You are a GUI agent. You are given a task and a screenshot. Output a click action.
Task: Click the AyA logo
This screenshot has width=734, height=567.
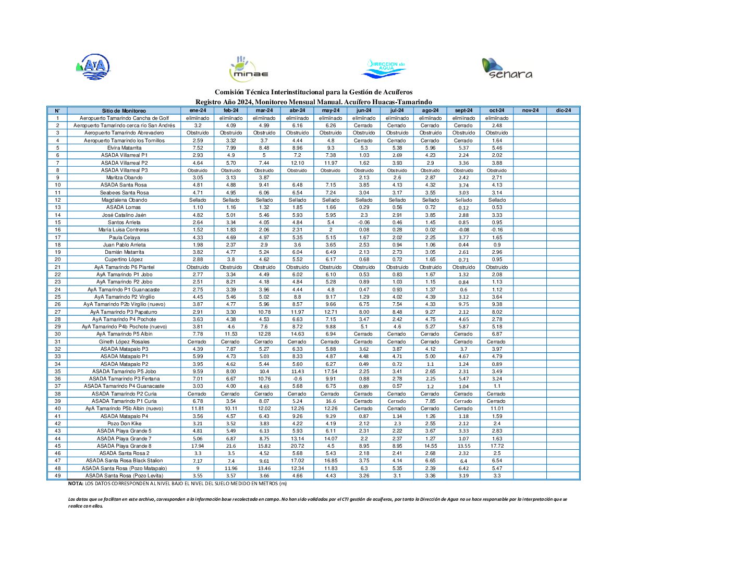(94, 67)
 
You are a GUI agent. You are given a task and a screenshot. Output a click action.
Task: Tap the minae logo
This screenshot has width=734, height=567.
(249, 69)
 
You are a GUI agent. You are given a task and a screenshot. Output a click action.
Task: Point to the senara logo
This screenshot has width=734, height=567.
(507, 69)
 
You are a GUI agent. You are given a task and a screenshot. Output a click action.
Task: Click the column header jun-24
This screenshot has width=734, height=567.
(364, 110)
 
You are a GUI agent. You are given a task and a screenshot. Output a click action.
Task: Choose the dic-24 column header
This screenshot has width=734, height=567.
(563, 110)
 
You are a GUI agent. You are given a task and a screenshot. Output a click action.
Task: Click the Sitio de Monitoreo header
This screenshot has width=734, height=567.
(124, 110)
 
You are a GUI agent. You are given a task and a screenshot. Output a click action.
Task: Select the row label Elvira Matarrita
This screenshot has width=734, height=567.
(124, 148)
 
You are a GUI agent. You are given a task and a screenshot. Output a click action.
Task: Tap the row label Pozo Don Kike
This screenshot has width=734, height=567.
(124, 424)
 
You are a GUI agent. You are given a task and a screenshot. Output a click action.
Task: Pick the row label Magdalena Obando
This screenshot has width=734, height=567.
(124, 200)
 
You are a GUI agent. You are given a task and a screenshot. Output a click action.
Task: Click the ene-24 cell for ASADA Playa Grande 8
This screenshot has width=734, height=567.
(198, 446)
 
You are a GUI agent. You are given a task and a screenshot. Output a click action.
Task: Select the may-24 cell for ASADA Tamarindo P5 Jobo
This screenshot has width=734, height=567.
(331, 372)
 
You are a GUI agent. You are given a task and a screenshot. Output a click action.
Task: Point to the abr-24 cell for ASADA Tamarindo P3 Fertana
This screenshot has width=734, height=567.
(297, 379)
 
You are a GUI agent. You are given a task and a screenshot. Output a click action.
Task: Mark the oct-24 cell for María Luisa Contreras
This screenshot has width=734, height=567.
(497, 230)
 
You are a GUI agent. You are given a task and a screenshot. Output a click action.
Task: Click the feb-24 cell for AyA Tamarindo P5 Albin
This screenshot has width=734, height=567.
(231, 334)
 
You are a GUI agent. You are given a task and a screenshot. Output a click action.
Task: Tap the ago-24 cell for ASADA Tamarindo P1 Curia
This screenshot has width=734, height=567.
(430, 401)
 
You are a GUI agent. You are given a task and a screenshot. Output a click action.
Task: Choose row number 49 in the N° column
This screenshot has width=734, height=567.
(57, 476)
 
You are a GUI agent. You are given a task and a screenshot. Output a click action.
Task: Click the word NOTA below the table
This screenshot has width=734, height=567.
(76, 484)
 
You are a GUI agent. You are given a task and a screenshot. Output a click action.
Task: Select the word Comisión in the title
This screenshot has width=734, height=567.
(229, 92)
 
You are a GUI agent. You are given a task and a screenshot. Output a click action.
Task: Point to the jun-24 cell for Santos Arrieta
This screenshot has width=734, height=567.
(364, 223)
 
